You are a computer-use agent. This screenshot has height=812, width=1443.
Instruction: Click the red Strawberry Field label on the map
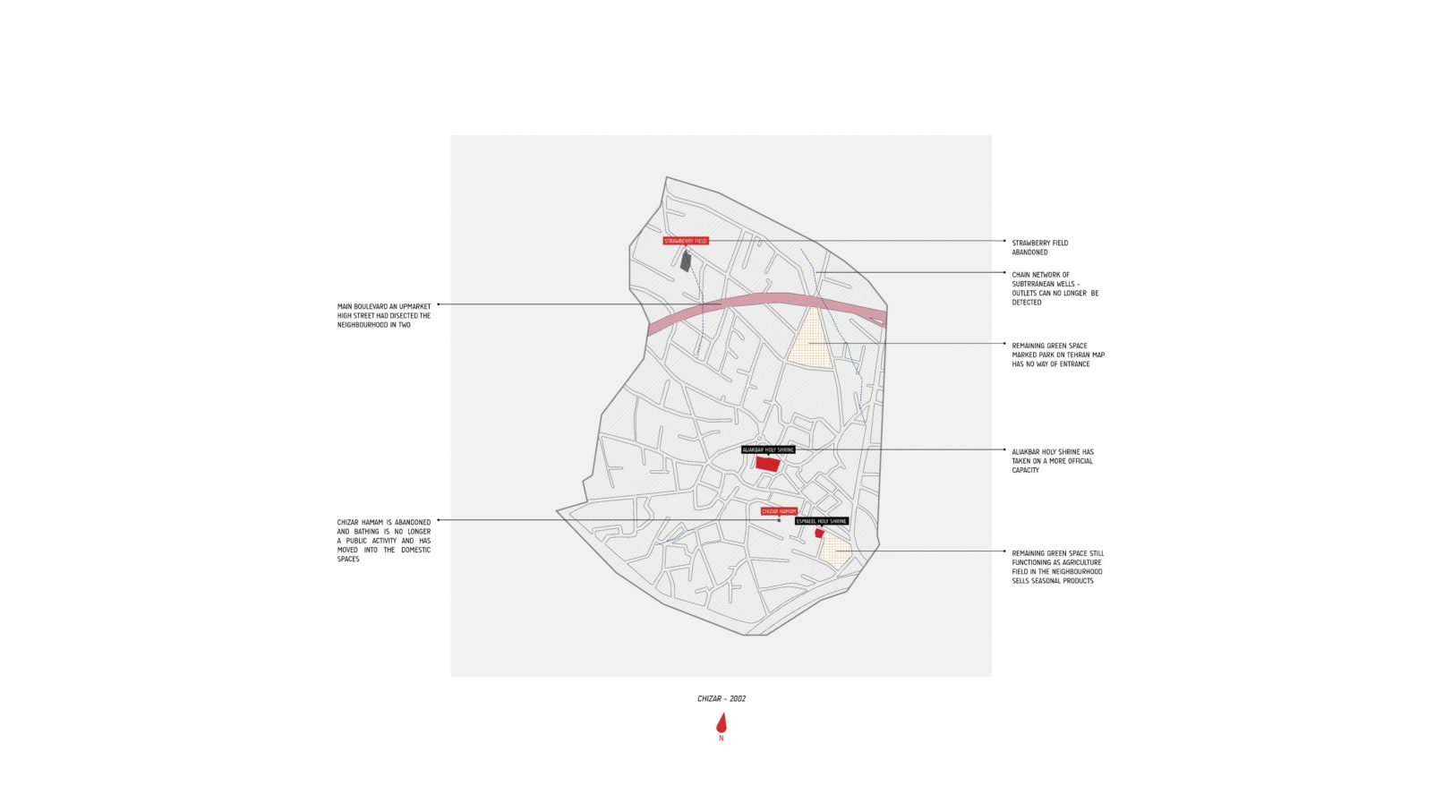pyautogui.click(x=686, y=241)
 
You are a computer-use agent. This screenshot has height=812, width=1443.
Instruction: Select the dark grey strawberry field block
pyautogui.click(x=686, y=261)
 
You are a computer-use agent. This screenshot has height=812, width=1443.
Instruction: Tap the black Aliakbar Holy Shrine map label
pyautogui.click(x=768, y=449)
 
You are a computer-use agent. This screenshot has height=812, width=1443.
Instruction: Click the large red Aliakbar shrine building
pyautogui.click(x=767, y=464)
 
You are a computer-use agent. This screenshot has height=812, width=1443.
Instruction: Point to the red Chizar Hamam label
pyautogui.click(x=779, y=512)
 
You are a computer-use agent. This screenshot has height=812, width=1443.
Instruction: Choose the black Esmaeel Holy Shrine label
pyautogui.click(x=822, y=521)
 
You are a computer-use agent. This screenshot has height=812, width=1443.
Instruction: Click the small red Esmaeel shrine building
pyautogui.click(x=819, y=533)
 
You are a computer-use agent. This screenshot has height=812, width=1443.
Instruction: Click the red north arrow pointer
pyautogui.click(x=721, y=723)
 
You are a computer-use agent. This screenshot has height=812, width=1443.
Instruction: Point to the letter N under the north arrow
pyautogui.click(x=721, y=739)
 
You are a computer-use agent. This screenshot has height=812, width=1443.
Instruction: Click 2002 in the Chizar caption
pyautogui.click(x=738, y=698)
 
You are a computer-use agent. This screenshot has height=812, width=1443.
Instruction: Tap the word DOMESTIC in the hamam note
pyautogui.click(x=415, y=551)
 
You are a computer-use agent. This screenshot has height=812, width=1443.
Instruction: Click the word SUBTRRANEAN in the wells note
pyautogui.click(x=1033, y=284)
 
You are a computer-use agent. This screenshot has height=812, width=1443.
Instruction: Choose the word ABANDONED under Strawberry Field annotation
pyautogui.click(x=1029, y=252)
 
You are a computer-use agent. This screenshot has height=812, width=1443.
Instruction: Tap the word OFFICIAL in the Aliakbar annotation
pyautogui.click(x=1080, y=461)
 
